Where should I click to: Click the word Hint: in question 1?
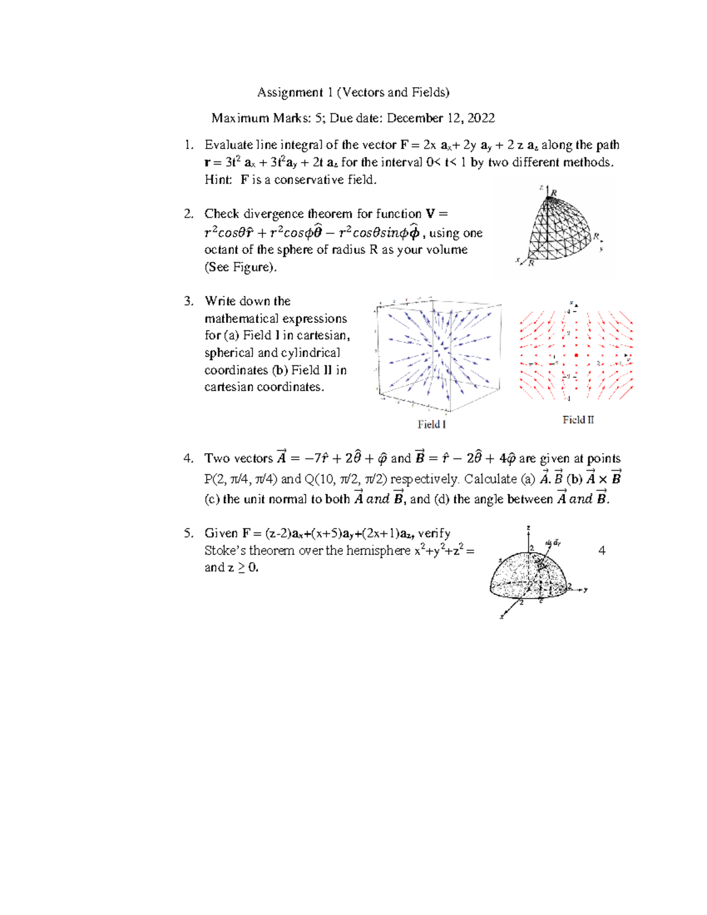[x=218, y=180]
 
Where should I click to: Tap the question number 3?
[x=188, y=301]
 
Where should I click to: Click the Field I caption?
[x=431, y=425]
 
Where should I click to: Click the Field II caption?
[x=578, y=420]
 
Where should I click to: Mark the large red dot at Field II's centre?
[x=576, y=355]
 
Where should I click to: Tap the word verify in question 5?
[x=434, y=533]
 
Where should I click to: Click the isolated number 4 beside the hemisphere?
[x=602, y=551]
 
